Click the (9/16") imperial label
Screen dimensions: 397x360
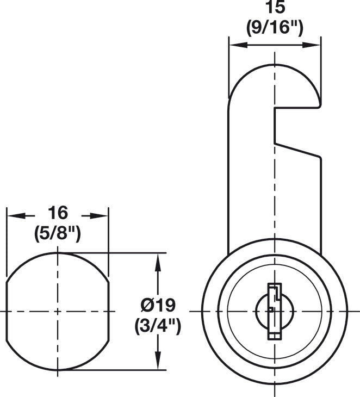275,28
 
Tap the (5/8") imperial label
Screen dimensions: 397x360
58,234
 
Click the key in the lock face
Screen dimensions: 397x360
275,312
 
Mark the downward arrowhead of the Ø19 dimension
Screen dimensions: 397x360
158,363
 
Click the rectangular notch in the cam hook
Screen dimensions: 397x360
297,125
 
